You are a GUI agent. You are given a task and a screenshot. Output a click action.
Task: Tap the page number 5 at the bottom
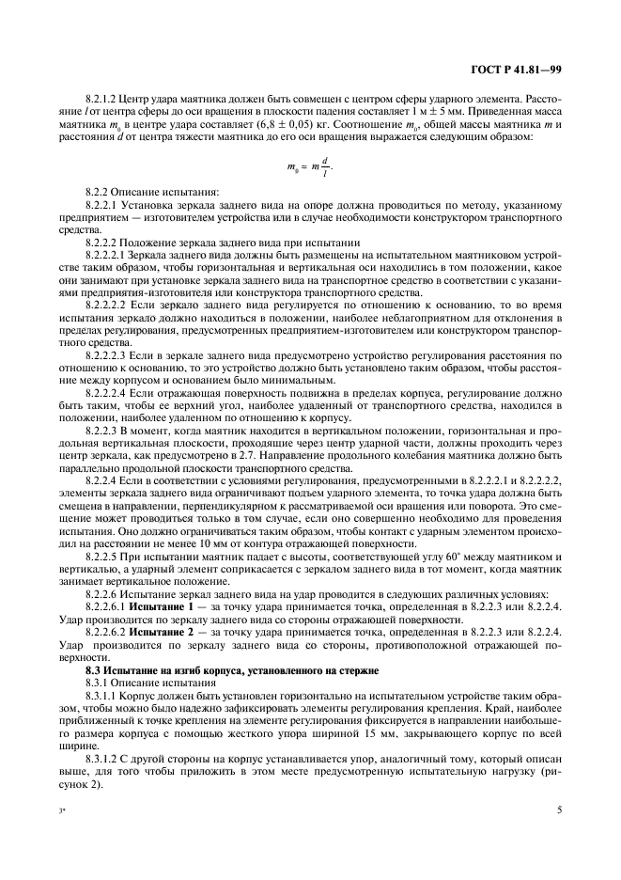click(x=560, y=809)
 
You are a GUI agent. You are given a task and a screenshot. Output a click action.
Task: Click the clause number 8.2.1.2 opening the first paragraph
click(x=101, y=98)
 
